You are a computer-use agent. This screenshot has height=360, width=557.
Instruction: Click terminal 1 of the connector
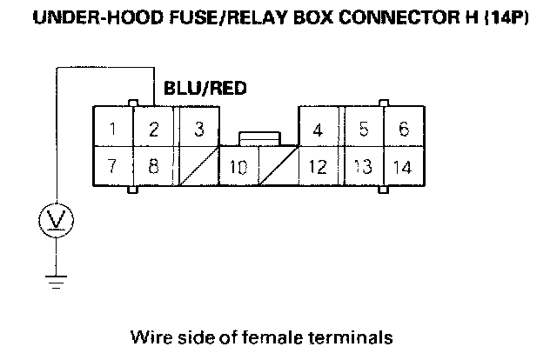click(113, 130)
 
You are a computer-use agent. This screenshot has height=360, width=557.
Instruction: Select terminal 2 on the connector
click(153, 130)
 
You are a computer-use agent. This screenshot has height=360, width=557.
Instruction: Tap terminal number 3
click(198, 130)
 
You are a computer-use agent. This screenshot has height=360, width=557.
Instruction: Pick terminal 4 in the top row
click(319, 130)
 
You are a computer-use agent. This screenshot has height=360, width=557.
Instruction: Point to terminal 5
click(364, 130)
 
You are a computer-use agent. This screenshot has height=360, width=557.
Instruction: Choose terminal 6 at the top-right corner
click(403, 130)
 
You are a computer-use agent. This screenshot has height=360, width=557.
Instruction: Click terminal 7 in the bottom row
click(113, 165)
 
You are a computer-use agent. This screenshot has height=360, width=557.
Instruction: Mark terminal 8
click(153, 165)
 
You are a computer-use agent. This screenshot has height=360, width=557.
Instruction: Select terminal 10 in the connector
click(238, 166)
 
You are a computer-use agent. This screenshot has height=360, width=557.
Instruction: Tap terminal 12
click(319, 166)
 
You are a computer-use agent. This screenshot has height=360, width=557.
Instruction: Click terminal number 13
click(363, 166)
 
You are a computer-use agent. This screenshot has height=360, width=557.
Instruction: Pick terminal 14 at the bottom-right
click(402, 166)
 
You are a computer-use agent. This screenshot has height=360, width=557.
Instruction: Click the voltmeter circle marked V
click(57, 223)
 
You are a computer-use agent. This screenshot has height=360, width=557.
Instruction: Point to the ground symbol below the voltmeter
click(57, 279)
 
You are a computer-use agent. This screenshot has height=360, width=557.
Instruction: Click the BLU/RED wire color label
click(204, 88)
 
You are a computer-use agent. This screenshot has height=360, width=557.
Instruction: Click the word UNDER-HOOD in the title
click(84, 17)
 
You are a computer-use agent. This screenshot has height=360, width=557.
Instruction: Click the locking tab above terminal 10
click(258, 137)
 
